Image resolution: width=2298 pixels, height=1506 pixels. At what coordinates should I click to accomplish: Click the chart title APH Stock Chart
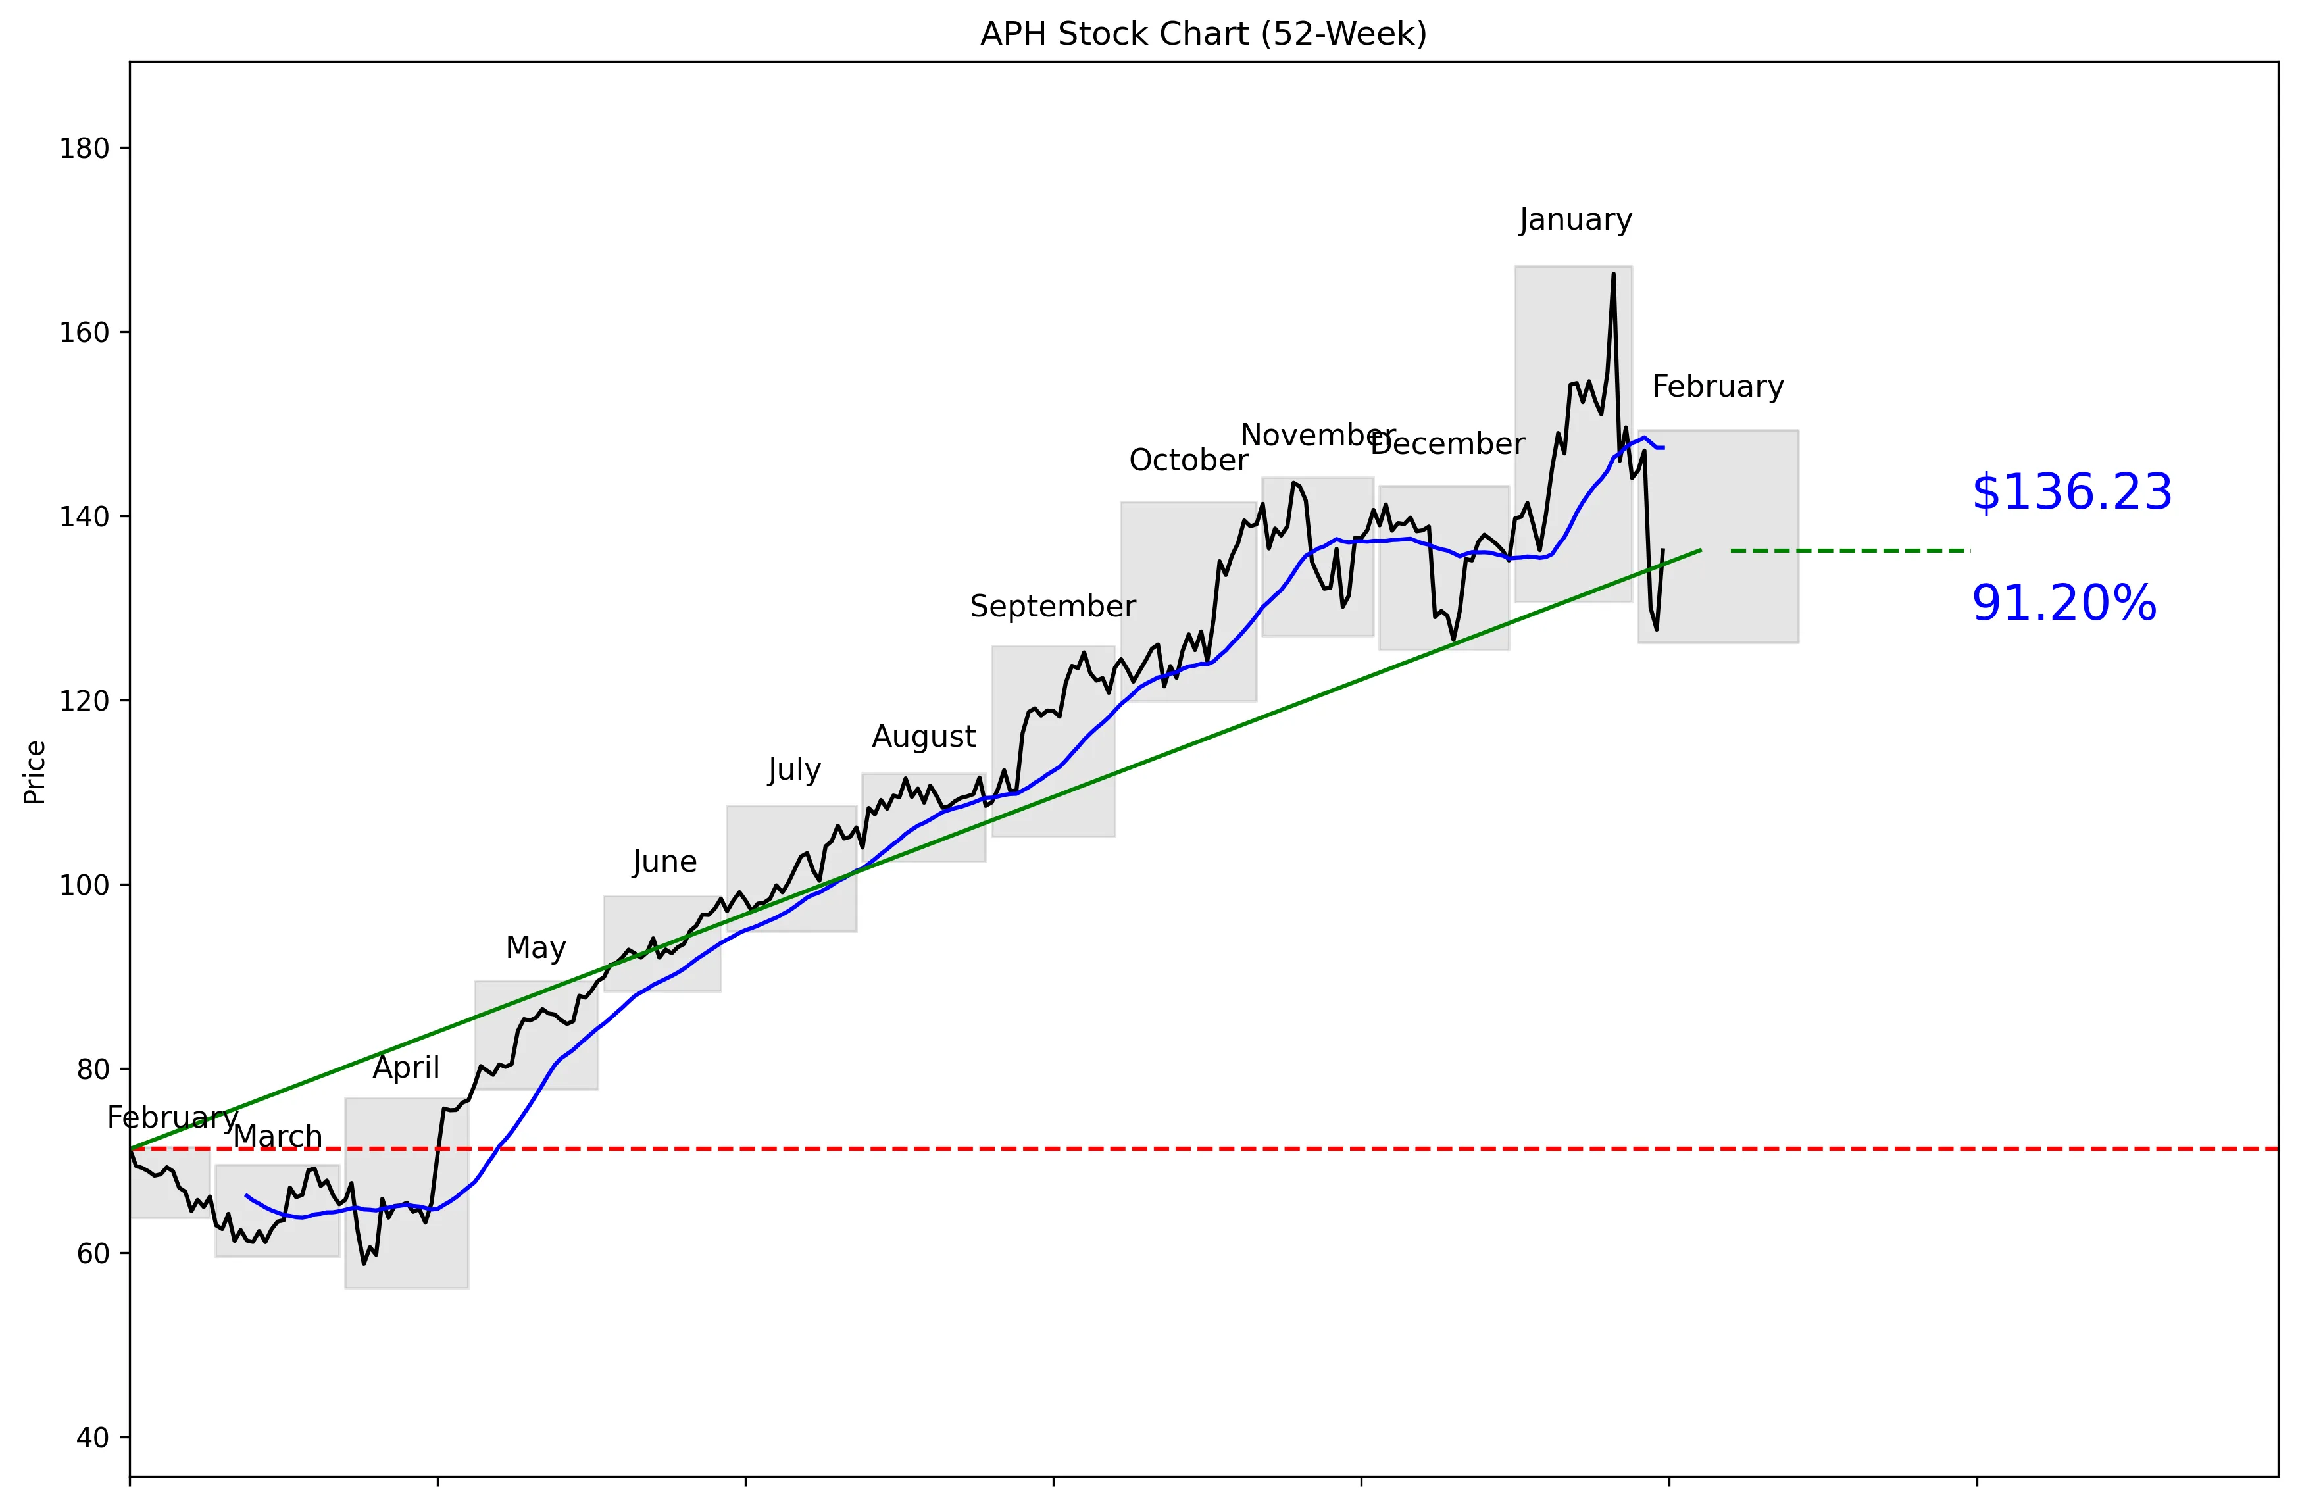pyautogui.click(x=1203, y=34)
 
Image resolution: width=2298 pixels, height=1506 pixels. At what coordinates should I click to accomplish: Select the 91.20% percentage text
pyautogui.click(x=2063, y=603)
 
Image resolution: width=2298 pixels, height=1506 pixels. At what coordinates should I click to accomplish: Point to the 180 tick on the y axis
pyautogui.click(x=84, y=149)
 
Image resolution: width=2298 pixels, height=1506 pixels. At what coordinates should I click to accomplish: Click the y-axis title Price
pyautogui.click(x=35, y=772)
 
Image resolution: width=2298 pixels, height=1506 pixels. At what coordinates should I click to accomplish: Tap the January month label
pyautogui.click(x=1575, y=220)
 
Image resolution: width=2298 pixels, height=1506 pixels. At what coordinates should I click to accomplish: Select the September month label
pyautogui.click(x=1053, y=606)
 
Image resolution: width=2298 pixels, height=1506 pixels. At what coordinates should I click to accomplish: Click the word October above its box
pyautogui.click(x=1189, y=461)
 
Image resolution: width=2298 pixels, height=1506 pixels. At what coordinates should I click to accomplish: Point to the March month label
pyautogui.click(x=278, y=1136)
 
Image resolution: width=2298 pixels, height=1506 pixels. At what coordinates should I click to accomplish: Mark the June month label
pyautogui.click(x=664, y=861)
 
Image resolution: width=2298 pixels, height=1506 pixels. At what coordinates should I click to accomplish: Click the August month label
pyautogui.click(x=924, y=737)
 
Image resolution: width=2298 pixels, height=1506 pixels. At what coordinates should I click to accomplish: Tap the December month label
pyautogui.click(x=1447, y=444)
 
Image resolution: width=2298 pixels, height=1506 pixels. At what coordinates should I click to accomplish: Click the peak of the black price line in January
pyautogui.click(x=1612, y=274)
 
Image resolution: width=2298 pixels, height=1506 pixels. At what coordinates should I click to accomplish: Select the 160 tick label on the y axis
pyautogui.click(x=84, y=332)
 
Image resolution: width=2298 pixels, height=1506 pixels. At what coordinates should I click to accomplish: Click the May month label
pyautogui.click(x=536, y=948)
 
